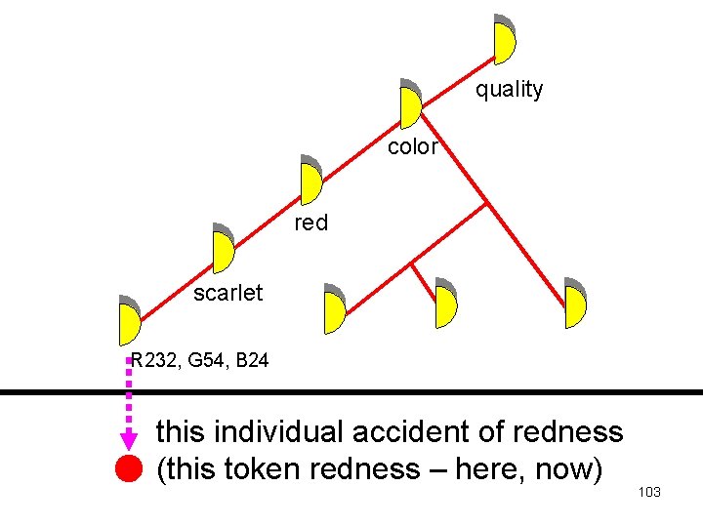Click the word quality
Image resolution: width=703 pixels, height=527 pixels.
pyautogui.click(x=509, y=90)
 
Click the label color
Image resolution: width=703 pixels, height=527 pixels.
pyautogui.click(x=413, y=147)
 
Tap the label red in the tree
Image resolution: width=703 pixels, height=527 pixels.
pyautogui.click(x=311, y=223)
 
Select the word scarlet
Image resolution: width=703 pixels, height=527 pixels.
pyautogui.click(x=227, y=293)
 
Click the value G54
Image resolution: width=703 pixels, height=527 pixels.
pyautogui.click(x=205, y=362)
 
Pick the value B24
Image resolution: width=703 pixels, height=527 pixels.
pyautogui.click(x=252, y=362)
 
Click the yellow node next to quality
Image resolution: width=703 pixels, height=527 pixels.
pyautogui.click(x=504, y=39)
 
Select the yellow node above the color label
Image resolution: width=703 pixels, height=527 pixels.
pyautogui.click(x=410, y=103)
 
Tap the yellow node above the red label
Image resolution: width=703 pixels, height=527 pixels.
pyautogui.click(x=311, y=181)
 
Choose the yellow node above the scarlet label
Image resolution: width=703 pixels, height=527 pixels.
pyautogui.click(x=224, y=249)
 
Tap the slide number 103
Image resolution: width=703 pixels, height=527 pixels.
pyautogui.click(x=649, y=492)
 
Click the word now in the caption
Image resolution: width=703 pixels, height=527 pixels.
pyautogui.click(x=563, y=469)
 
